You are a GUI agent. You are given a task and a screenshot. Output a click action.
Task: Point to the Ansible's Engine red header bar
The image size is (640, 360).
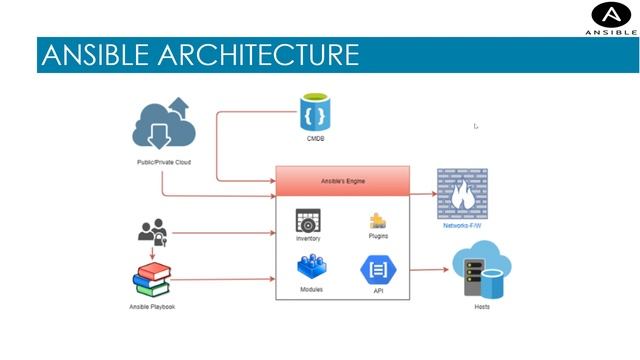pyautogui.click(x=342, y=181)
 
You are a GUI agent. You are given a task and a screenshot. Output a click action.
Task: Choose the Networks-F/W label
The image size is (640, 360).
pyautogui.click(x=462, y=226)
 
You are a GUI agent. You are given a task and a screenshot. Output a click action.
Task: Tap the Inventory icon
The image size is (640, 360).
pyautogui.click(x=308, y=220)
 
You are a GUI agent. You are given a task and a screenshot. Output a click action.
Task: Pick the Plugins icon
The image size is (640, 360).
pyautogui.click(x=378, y=221)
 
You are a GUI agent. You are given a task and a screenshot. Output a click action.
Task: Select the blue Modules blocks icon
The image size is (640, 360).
pyautogui.click(x=311, y=267)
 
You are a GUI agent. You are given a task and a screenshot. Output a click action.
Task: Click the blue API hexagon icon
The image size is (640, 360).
pyautogui.click(x=377, y=270)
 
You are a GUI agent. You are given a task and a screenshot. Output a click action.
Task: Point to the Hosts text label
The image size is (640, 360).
pyautogui.click(x=481, y=306)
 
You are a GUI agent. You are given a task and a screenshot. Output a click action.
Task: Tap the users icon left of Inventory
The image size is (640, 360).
pyautogui.click(x=152, y=234)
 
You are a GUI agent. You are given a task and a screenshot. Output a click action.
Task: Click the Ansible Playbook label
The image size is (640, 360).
pyautogui.click(x=152, y=306)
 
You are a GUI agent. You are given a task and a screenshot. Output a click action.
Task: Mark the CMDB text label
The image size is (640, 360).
pyautogui.click(x=315, y=138)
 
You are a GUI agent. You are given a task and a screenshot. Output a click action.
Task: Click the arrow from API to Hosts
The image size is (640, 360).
pyautogui.click(x=430, y=270)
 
